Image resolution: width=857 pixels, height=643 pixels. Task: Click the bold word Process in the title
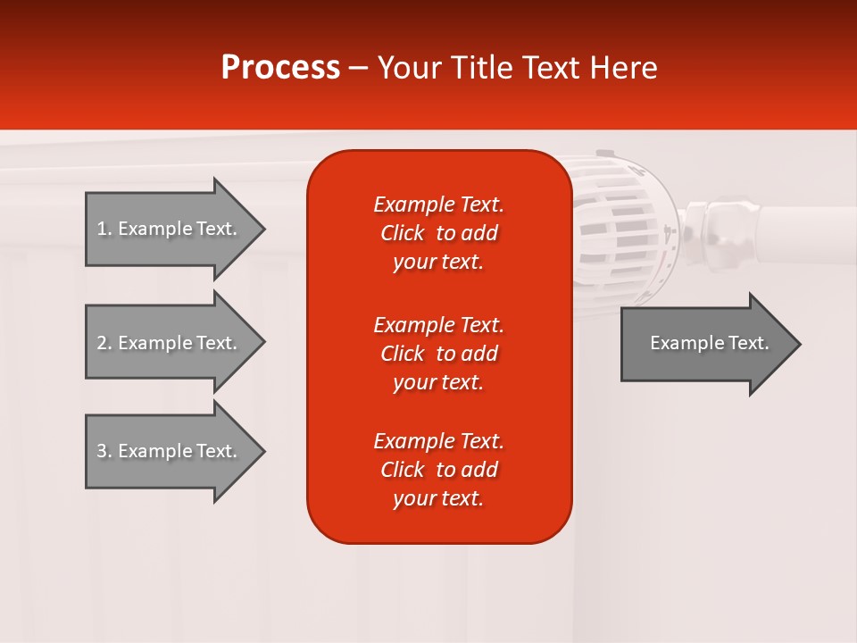coord(280,68)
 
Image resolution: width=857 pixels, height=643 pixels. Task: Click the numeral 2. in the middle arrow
coord(104,343)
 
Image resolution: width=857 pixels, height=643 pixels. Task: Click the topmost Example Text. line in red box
coord(438,205)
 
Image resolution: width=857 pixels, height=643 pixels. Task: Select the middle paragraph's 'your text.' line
coord(438,382)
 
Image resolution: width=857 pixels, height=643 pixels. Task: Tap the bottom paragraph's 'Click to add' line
coord(438,470)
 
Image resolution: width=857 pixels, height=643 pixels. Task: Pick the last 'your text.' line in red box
coord(438,498)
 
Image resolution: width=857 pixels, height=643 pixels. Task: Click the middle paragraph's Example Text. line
coord(438,324)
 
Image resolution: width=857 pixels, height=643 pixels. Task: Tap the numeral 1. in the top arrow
coord(104,229)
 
